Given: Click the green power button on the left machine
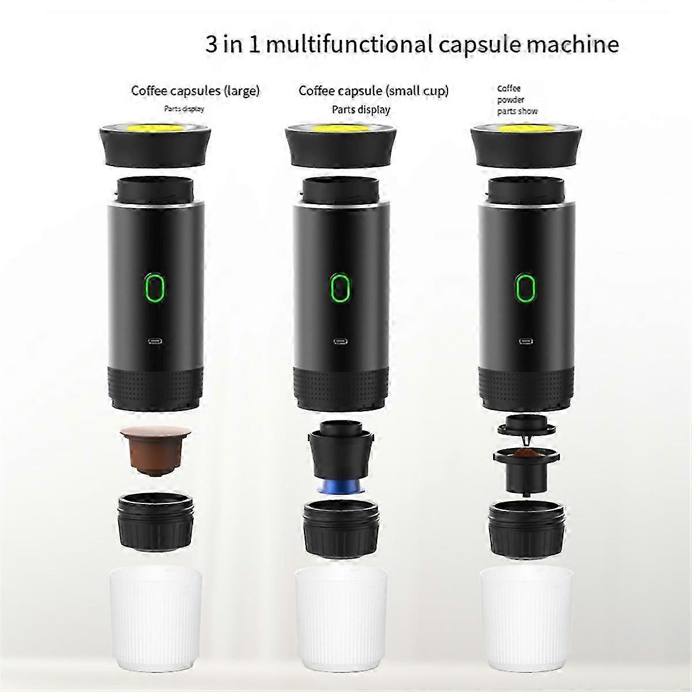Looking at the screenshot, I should point(155,287).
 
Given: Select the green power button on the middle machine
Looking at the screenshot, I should point(339,287).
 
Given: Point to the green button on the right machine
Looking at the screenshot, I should point(524,287).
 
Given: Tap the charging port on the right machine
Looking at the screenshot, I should point(524,340).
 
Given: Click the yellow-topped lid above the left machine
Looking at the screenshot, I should point(155,143).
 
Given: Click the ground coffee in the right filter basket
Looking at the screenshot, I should point(524,456).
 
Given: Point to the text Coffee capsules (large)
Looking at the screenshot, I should point(195,91).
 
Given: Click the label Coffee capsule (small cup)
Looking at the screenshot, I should point(373,91).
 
